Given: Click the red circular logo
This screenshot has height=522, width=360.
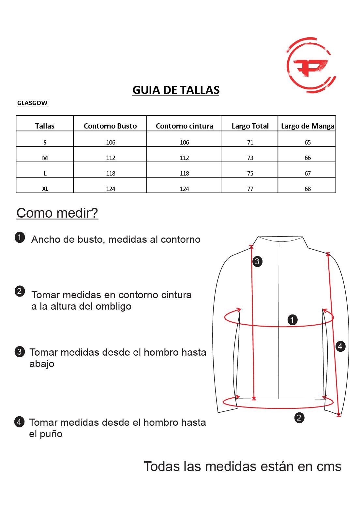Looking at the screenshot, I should click(x=310, y=66).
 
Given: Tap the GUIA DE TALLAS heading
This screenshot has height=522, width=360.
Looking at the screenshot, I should click(x=176, y=90).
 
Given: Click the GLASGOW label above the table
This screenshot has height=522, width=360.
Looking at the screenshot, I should click(x=32, y=103).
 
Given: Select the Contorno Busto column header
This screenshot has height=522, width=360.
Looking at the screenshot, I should click(x=110, y=126).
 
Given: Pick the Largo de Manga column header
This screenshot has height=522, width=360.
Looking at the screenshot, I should click(x=307, y=126).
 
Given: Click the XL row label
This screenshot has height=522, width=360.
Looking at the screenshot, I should click(x=45, y=189).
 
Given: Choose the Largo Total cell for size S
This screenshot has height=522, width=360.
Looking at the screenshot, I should click(x=250, y=142).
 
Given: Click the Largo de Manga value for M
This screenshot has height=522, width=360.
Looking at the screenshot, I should click(x=307, y=158).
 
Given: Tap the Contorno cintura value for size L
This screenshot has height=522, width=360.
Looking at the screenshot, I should click(x=184, y=173).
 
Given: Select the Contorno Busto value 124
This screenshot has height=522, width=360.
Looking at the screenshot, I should click(x=111, y=189).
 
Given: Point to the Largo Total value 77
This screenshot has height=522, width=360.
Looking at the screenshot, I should click(x=250, y=189).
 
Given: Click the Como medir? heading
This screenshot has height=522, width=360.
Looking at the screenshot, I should click(x=57, y=213).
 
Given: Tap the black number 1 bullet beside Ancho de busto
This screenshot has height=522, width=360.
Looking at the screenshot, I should click(x=20, y=238).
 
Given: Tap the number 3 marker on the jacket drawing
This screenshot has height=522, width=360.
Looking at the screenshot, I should click(x=257, y=261).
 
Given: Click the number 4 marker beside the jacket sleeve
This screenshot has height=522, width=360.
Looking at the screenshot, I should click(x=340, y=346).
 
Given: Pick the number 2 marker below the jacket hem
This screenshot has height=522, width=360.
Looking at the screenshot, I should click(x=299, y=418).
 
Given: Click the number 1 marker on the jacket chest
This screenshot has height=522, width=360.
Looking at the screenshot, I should click(x=292, y=320).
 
